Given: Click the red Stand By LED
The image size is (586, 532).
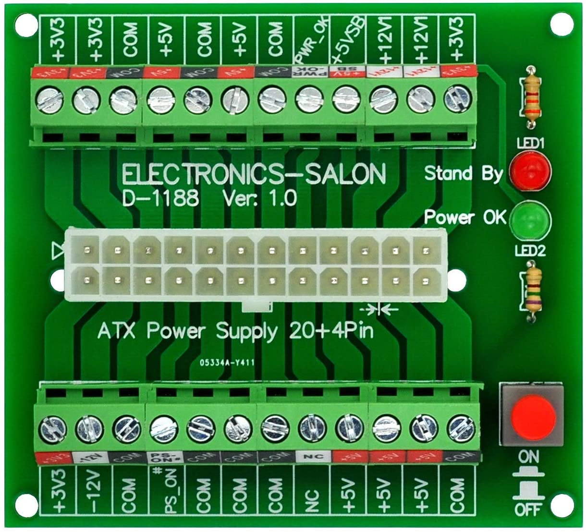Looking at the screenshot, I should [530, 170].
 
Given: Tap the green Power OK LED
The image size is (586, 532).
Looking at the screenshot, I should [530, 220].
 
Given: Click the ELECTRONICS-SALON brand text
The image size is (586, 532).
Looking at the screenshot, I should [254, 175].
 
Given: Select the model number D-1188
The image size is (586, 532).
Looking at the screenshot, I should [160, 198].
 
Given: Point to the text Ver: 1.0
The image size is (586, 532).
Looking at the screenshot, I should [259, 198].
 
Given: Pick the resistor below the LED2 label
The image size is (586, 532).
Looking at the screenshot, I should [532, 291].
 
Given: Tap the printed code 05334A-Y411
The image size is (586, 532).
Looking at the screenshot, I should [227, 363].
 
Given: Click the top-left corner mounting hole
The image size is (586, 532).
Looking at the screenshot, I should [26, 25].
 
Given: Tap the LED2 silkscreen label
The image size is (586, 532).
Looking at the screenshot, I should [531, 251].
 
